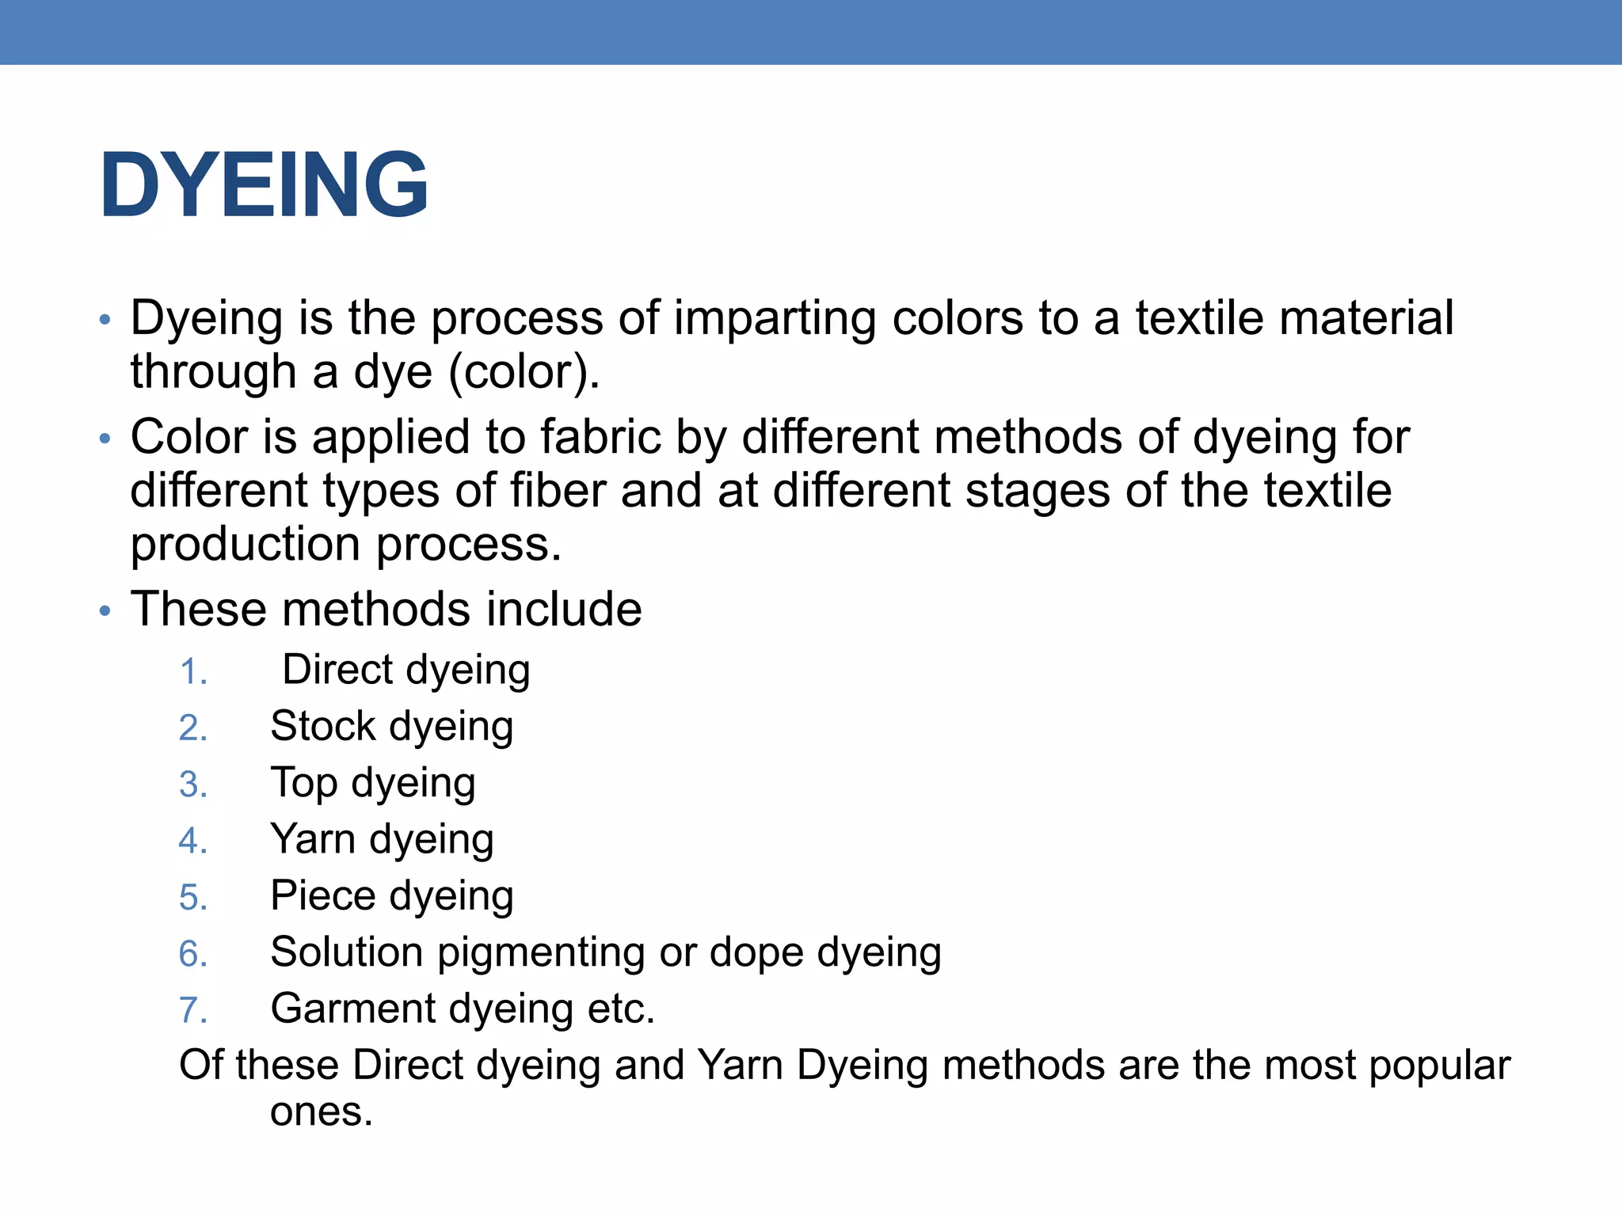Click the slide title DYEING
coord(264,185)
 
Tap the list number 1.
coord(192,672)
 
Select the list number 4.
coord(192,841)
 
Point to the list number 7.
coord(192,1010)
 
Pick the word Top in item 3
coord(304,784)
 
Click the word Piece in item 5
coord(322,895)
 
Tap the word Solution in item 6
coord(346,952)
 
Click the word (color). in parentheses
coord(524,371)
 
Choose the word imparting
coord(775,319)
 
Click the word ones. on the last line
coord(321,1112)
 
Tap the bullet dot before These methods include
coord(105,611)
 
